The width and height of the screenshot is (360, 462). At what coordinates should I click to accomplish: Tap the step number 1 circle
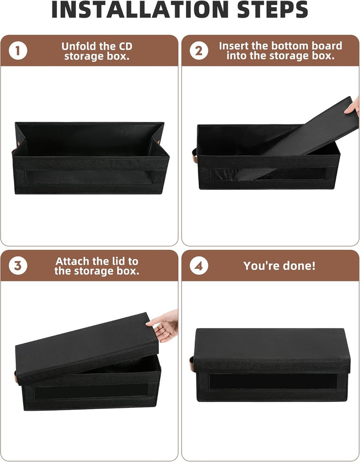[x=18, y=51]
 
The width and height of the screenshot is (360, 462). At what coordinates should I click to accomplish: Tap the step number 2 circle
[x=199, y=51]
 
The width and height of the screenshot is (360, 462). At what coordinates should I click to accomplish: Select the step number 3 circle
[x=18, y=266]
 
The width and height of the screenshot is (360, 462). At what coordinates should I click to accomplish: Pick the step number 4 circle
[x=199, y=266]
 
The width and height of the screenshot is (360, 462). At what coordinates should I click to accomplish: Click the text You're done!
[x=279, y=266]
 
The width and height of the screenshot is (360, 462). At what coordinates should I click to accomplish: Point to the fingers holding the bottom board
[x=354, y=107]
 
